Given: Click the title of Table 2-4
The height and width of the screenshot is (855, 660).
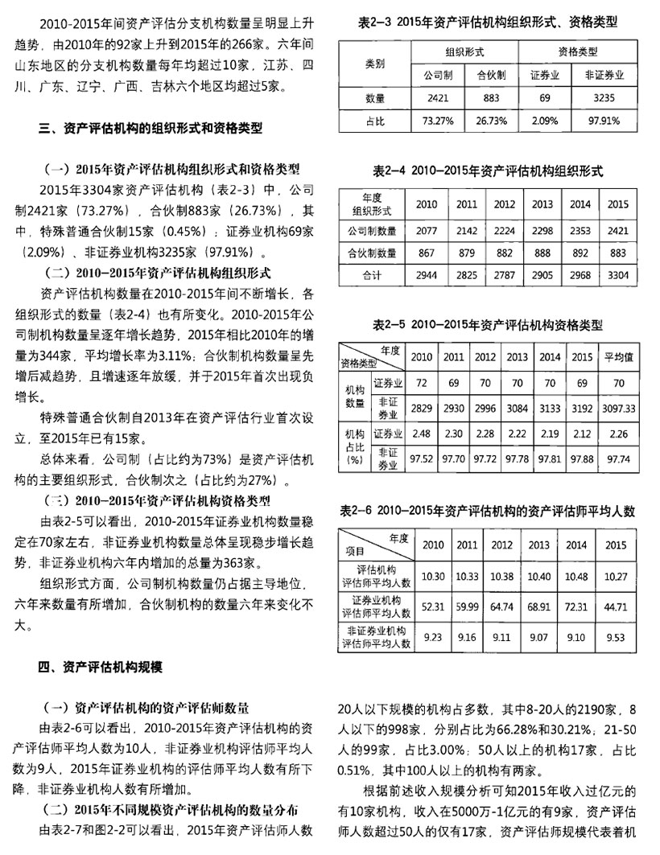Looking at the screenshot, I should point(489,171).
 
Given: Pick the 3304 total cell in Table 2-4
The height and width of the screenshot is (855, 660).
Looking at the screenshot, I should point(617,275).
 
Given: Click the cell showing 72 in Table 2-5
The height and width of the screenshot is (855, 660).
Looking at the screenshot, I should point(422,384).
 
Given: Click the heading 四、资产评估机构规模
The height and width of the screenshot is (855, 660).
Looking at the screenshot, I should point(99,666).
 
